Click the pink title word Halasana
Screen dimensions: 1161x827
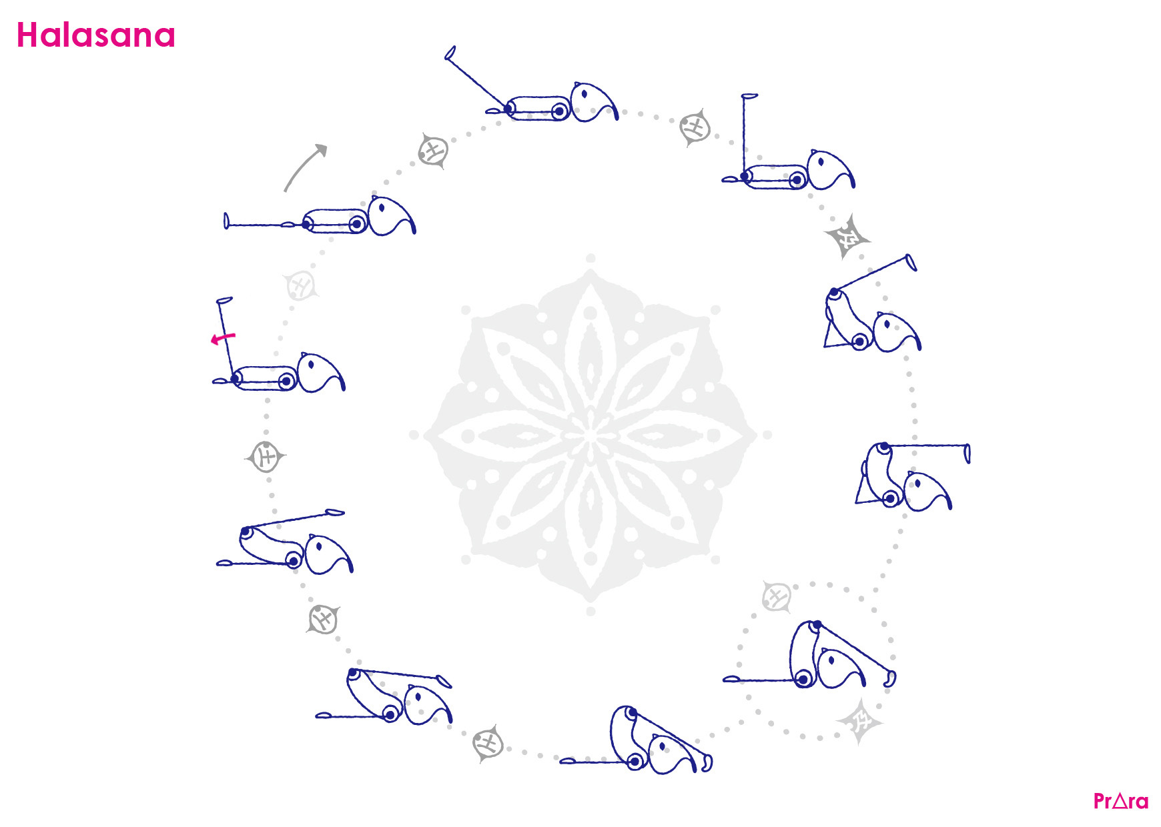[95, 35]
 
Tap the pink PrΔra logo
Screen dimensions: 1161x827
[1121, 800]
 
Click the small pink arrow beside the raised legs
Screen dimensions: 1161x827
[223, 338]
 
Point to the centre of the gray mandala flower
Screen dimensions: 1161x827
[591, 435]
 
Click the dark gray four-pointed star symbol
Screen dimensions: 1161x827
[847, 236]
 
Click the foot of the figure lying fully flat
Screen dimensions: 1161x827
[226, 221]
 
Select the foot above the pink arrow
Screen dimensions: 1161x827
[225, 300]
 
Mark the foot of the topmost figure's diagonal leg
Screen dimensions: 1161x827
[450, 53]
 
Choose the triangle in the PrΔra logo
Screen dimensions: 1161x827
[1121, 800]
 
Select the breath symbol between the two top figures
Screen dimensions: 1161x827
[695, 127]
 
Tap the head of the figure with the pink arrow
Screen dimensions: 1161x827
[321, 372]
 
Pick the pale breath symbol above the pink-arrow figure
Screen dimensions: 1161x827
[301, 285]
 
